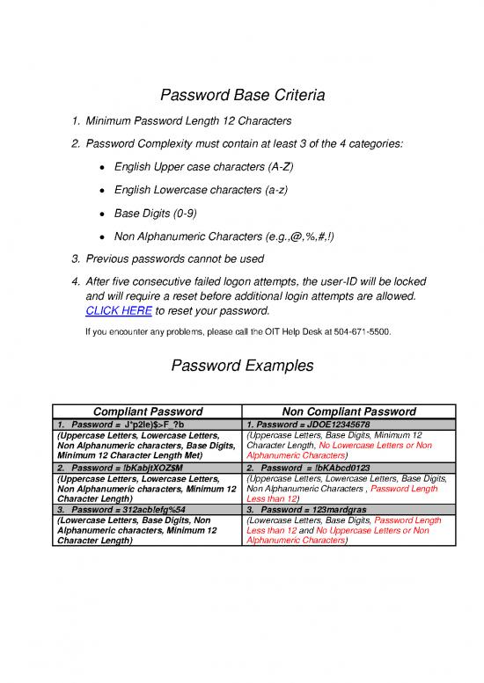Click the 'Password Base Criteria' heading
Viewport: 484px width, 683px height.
pos(242,95)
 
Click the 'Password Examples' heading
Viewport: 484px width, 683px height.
pos(242,365)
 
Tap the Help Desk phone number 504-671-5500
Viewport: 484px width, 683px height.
pos(363,333)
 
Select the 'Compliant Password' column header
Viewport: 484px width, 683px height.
pos(148,411)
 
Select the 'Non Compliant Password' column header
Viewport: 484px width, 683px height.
pos(348,411)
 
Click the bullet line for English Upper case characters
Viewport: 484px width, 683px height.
pos(202,166)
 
